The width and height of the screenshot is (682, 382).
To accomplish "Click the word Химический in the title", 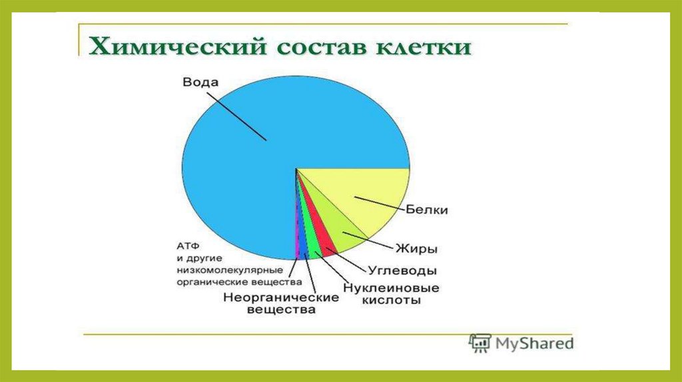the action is [x=177, y=47].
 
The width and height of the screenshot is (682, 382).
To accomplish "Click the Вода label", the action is [x=200, y=82].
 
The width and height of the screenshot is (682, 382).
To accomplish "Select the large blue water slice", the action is [x=261, y=143].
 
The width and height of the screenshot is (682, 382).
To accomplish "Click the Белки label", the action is [x=427, y=210].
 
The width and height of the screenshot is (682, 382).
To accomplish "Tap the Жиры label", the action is [x=416, y=249].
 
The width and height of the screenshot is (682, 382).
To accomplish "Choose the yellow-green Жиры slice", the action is [x=339, y=230].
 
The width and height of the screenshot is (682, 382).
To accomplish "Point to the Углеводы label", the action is [x=402, y=271].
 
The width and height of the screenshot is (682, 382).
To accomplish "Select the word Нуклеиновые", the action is [x=391, y=287].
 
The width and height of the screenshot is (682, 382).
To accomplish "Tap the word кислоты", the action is [x=392, y=300].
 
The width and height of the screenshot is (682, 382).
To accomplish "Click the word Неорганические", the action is [x=281, y=297].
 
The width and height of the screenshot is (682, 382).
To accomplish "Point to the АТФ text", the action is [x=188, y=246].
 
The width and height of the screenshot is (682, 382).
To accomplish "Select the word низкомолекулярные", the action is [x=230, y=270].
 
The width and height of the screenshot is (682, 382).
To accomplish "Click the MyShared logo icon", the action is [x=480, y=343].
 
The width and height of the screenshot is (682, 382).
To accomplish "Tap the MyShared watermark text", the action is [x=535, y=344].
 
